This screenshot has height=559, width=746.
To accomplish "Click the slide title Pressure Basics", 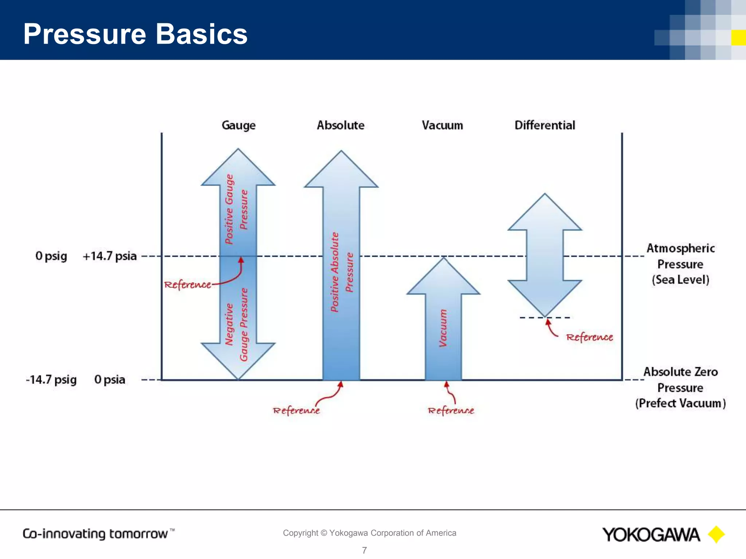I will coord(135,34).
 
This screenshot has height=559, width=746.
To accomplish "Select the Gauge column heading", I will coord(239,126).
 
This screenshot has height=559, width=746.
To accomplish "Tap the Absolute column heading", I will coord(340,125).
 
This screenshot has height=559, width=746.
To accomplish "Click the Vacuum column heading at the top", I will coord(442,126).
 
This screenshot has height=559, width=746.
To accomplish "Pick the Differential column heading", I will coord(545,125).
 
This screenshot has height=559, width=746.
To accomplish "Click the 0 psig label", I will coord(51,256).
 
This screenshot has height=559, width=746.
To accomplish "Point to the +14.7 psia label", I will coord(110,256).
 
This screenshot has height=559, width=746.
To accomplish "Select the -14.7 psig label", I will coord(51,380).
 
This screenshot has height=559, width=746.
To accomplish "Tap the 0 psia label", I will coord(110,380).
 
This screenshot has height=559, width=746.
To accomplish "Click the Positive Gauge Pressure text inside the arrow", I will coord(236,209).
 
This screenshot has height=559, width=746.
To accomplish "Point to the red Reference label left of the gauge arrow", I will coord(187,285).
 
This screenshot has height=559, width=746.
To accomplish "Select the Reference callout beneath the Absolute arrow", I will coord(296,411).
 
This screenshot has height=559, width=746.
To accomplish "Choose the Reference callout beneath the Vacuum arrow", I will coord(451,411).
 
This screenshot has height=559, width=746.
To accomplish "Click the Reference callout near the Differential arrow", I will coord(589,337).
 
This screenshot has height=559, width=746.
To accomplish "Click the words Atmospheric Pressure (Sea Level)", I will coord(680,264).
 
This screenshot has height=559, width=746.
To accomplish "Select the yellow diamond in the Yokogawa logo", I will coord(716,534).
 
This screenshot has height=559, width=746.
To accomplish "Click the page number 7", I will coord(364,550).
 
